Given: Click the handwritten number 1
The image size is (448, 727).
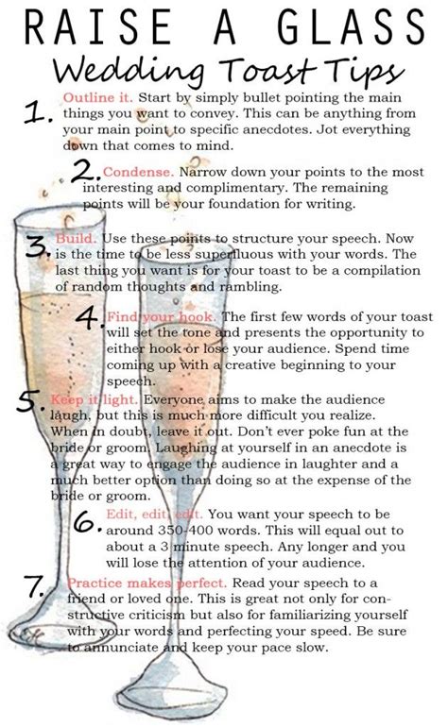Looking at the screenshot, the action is coord(38,112).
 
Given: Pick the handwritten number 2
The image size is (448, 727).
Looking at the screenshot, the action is coord(86,173).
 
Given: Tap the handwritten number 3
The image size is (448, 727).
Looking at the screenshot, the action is coord(37,246).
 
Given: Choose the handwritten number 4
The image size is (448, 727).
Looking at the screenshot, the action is coord(90,317).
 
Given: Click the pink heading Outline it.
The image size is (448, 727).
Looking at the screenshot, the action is coord(98,98).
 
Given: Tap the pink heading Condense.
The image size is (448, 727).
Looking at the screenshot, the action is coord(139,172).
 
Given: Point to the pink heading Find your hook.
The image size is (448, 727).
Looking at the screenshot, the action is coord(161,316).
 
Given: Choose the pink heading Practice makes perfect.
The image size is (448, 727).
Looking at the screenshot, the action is coord(146,583).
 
